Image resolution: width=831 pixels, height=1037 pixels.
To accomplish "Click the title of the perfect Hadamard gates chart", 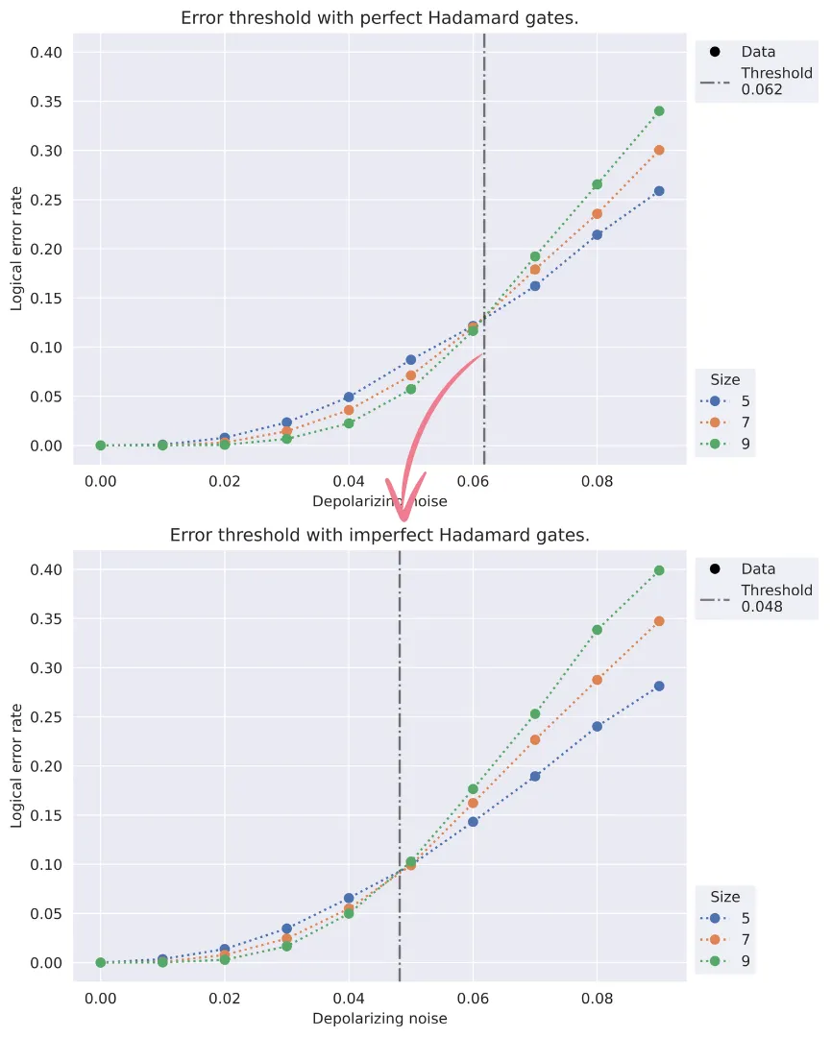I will click(x=379, y=18).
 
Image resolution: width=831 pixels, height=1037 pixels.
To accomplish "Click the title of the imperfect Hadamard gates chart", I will click(x=379, y=535).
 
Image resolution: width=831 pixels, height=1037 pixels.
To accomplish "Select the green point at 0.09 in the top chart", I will click(x=659, y=111).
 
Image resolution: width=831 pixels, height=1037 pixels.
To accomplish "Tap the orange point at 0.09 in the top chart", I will click(x=659, y=151).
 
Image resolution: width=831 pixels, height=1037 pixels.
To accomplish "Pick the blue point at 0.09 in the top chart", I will click(x=659, y=191).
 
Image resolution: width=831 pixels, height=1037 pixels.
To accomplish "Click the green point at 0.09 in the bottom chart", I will click(x=659, y=570).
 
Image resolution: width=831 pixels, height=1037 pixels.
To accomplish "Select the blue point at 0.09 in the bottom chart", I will click(x=659, y=687).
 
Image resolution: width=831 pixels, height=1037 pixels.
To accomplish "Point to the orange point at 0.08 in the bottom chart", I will click(x=597, y=680).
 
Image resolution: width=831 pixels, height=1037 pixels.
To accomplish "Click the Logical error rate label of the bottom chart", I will click(x=16, y=765).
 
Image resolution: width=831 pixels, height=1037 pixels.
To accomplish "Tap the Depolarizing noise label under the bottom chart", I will click(x=379, y=1019).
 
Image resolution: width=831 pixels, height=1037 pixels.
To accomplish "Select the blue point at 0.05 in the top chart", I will click(x=411, y=360).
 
